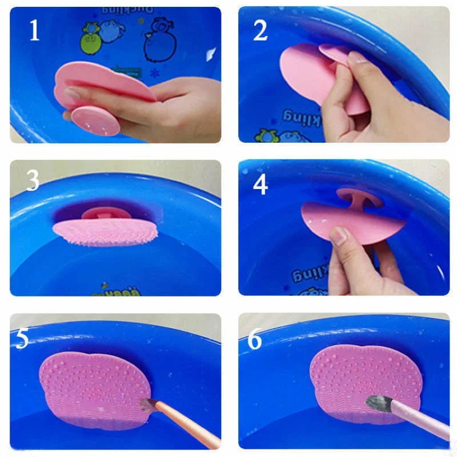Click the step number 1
[34, 30]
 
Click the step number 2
[260, 30]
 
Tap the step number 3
[33, 181]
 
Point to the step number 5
[22, 338]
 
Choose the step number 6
[254, 339]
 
